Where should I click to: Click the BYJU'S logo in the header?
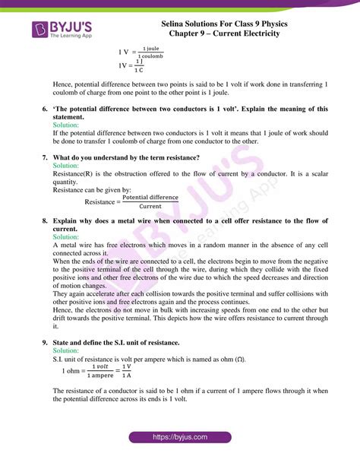(x=62, y=31)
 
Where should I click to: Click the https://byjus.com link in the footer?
(x=180, y=439)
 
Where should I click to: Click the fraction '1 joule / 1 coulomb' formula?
(x=151, y=52)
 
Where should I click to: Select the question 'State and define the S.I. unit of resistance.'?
(x=128, y=343)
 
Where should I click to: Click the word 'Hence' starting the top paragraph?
(x=64, y=82)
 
